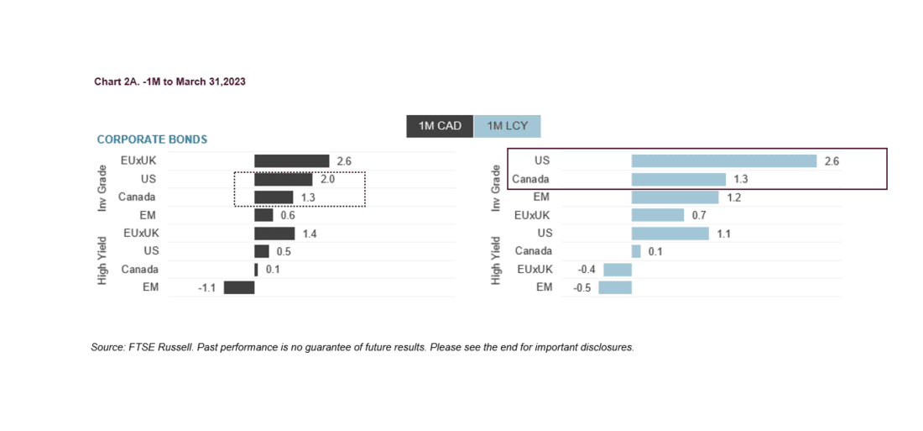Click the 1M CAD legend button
click(440, 126)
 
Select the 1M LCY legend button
click(507, 126)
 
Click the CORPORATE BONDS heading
click(152, 139)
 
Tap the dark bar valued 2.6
click(291, 160)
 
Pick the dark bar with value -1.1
click(239, 287)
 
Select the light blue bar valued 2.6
click(724, 160)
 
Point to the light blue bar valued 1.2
click(675, 197)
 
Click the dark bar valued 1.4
click(274, 234)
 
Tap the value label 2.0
click(327, 179)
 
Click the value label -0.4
click(587, 270)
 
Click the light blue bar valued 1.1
click(670, 234)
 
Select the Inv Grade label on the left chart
click(102, 187)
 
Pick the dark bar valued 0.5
click(262, 251)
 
